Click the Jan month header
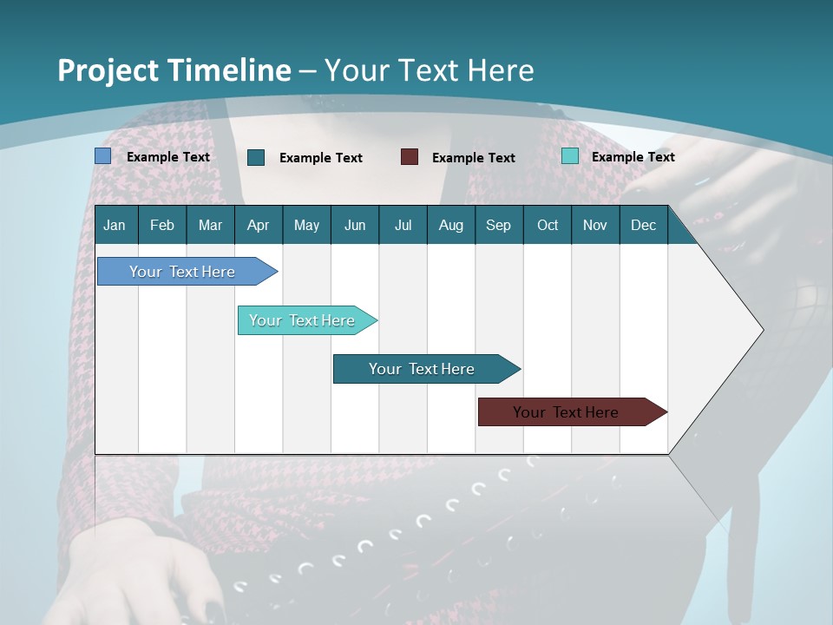[x=115, y=225]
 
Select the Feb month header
[x=162, y=225]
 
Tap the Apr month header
[x=258, y=225]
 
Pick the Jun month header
[x=354, y=225]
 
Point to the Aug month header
[x=450, y=225]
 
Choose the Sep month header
[x=498, y=225]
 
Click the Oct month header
[x=548, y=225]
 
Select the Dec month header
[x=643, y=225]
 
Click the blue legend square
[x=103, y=156]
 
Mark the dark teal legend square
[x=256, y=157]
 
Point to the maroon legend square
[x=410, y=157]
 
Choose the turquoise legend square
[x=570, y=156]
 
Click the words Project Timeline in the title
[x=174, y=70]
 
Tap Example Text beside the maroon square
[x=473, y=157]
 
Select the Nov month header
[x=594, y=225]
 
